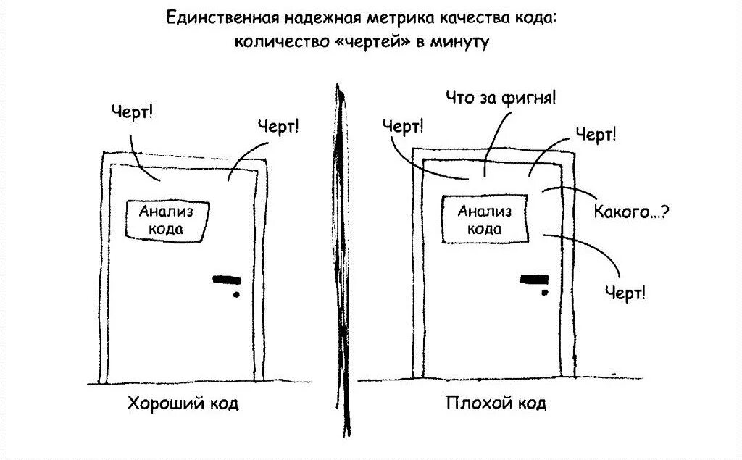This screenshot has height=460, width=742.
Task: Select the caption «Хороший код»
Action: [183, 403]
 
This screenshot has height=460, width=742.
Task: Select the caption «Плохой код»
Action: [496, 403]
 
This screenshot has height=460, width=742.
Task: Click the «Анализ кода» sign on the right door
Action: [484, 219]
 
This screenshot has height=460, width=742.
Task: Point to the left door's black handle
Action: [227, 278]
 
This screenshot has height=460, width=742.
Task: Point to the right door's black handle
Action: [535, 277]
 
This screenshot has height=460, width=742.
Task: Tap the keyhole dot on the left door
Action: [235, 295]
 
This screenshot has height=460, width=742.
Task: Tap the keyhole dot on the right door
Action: [544, 291]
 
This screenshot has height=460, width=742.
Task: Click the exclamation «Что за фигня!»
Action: [501, 98]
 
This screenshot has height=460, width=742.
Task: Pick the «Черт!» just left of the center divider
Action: [278, 127]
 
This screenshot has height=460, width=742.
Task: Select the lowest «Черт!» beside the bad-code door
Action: [625, 293]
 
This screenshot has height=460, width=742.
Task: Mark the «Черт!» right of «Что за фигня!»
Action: [596, 133]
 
